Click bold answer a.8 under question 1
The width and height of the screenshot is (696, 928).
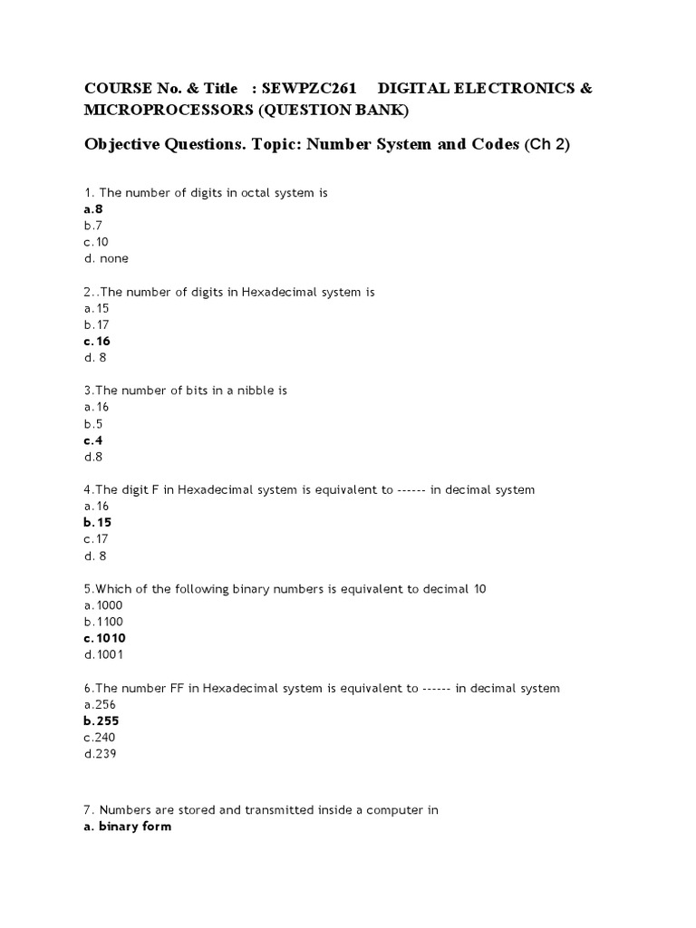(x=93, y=208)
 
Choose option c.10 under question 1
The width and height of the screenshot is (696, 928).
(x=96, y=242)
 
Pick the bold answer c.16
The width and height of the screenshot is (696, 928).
(x=97, y=341)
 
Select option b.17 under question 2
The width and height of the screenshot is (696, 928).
(x=96, y=324)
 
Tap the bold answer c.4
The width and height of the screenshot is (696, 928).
(x=93, y=440)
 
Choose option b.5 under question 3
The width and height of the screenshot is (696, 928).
(x=92, y=423)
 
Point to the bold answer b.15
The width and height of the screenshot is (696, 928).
(x=97, y=523)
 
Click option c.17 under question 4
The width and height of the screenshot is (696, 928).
(x=96, y=539)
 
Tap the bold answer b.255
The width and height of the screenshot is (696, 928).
(x=101, y=720)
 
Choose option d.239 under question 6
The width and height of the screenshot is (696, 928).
(x=100, y=754)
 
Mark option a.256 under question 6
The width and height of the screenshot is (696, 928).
(x=100, y=704)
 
